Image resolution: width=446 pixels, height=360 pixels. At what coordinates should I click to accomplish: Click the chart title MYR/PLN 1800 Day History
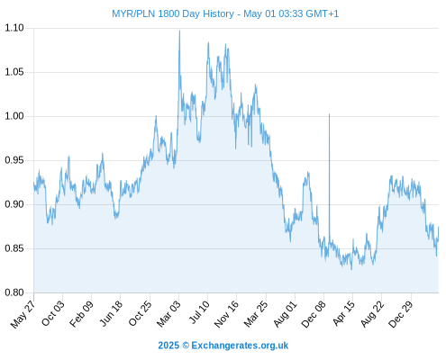point(173,13)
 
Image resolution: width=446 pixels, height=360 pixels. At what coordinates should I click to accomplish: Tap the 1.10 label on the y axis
point(14,28)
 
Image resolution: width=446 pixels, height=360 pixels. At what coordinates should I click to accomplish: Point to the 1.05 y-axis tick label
point(14,72)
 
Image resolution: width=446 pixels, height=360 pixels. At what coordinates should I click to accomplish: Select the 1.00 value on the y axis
point(14,116)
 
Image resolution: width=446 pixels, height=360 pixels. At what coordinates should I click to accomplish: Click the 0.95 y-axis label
point(14,160)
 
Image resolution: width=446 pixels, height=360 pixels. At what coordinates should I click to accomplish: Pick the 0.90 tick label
point(14,204)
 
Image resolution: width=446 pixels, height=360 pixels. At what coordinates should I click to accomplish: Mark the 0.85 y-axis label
point(14,248)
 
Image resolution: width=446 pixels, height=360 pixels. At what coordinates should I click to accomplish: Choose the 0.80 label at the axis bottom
point(14,292)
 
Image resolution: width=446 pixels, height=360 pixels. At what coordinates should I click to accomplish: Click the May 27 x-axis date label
point(23,314)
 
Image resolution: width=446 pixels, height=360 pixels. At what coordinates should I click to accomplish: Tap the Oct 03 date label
point(53,313)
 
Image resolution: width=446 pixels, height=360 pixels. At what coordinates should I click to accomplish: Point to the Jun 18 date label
point(111,313)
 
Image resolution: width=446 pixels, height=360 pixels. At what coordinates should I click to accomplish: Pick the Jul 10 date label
point(199,312)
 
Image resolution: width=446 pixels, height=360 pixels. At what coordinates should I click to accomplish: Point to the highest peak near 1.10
point(179,31)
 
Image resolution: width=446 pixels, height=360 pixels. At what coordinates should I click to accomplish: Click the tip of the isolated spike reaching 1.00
point(329,114)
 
